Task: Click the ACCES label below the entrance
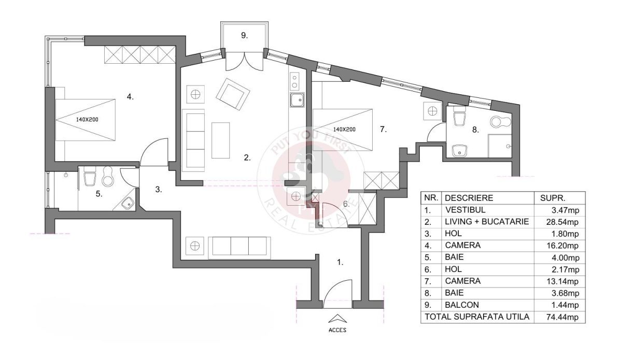337,330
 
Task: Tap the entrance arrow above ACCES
337,319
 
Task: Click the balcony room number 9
244,36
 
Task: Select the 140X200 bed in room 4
85,120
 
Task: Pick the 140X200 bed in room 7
343,129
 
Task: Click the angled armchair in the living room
233,94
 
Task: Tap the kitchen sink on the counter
297,100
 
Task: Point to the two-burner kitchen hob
294,81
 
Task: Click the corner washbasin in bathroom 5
128,203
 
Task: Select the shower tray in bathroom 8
500,146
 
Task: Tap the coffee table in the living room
221,140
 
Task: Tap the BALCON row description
462,305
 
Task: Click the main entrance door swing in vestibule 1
337,294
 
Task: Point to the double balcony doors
244,61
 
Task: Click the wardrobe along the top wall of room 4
140,54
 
